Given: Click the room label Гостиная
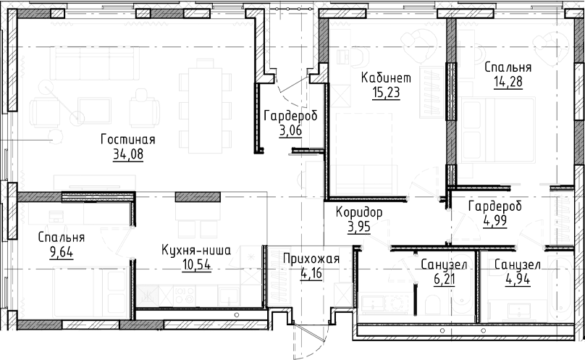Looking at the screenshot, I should [129, 140].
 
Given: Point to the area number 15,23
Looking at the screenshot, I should [386, 93].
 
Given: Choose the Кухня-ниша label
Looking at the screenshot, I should [196, 251].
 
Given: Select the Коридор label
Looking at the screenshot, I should [358, 212].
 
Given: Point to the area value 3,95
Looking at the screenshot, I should [358, 226].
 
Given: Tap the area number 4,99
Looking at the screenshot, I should [494, 220].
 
